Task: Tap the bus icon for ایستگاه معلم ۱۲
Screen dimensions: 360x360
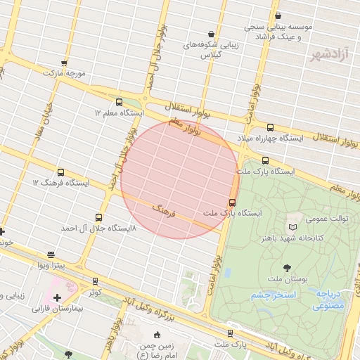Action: pyautogui.click(x=118, y=102)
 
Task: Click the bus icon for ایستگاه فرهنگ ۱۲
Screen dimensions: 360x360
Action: pyautogui.click(x=60, y=172)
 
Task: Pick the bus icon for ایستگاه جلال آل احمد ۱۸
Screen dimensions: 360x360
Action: pyautogui.click(x=98, y=217)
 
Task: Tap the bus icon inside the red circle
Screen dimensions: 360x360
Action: pyautogui.click(x=232, y=202)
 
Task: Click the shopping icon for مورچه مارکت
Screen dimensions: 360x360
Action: pyautogui.click(x=65, y=63)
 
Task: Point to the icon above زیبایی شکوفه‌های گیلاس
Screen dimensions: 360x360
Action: pyautogui.click(x=211, y=33)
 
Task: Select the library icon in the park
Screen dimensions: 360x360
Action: pyautogui.click(x=293, y=227)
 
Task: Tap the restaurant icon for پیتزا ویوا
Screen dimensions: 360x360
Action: pyautogui.click(x=51, y=255)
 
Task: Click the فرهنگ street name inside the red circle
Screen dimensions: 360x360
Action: pyautogui.click(x=162, y=210)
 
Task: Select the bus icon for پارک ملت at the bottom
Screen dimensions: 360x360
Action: pyautogui.click(x=230, y=333)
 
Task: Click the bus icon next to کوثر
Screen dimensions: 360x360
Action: pyautogui.click(x=95, y=281)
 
